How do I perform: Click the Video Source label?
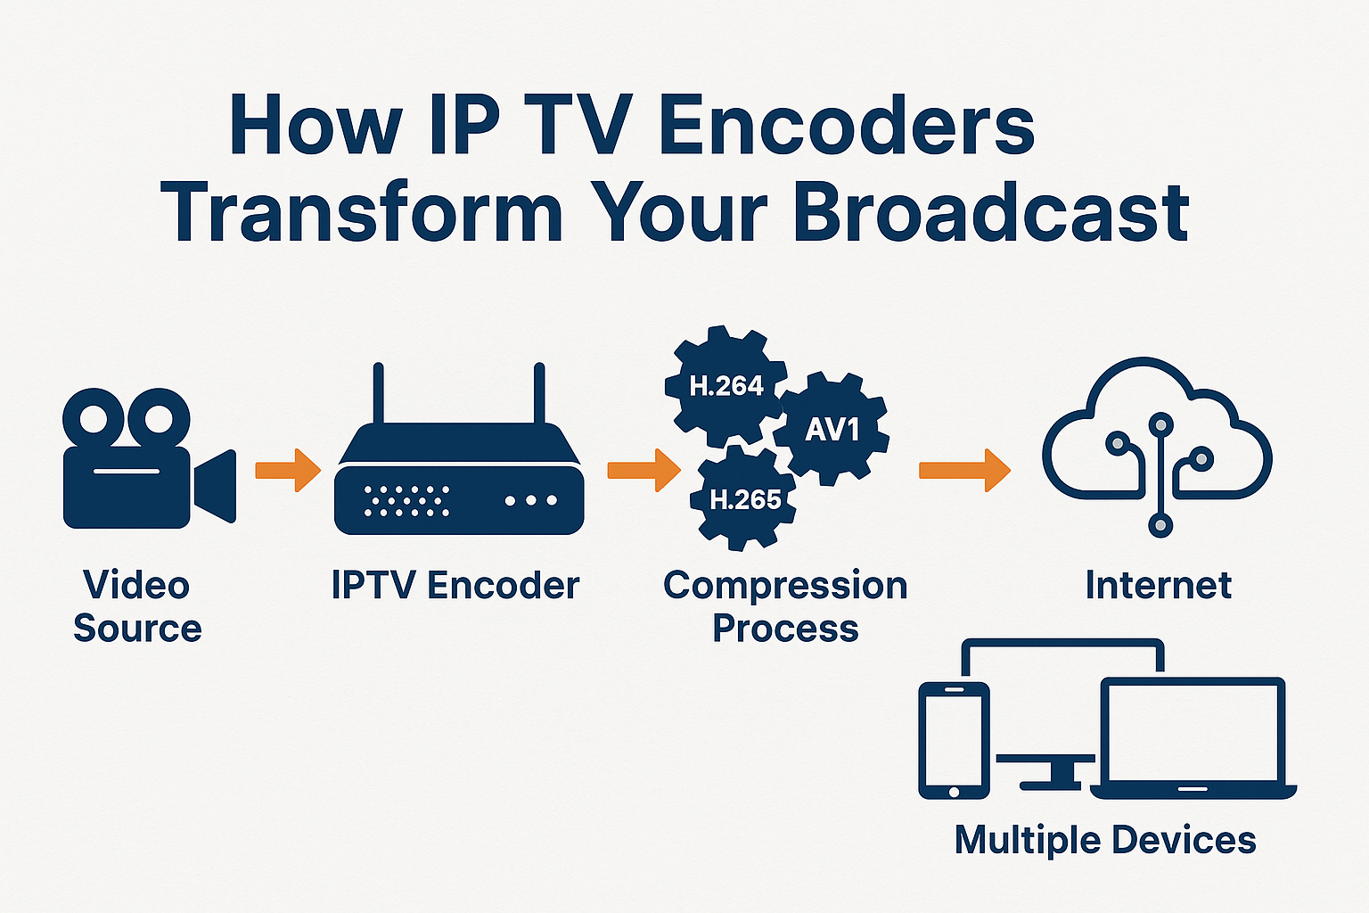[137, 607]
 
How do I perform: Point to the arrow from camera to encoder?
[287, 470]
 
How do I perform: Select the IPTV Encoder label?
[455, 586]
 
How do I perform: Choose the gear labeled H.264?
[725, 386]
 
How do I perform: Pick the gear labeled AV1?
[831, 430]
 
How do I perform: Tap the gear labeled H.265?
[744, 499]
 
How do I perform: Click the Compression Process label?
[785, 607]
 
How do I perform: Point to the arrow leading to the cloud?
[964, 470]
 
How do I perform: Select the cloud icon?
[1157, 437]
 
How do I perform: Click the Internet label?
[1158, 586]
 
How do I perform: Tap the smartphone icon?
[954, 740]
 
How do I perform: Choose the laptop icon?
[1193, 740]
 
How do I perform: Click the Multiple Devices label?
[1105, 840]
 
